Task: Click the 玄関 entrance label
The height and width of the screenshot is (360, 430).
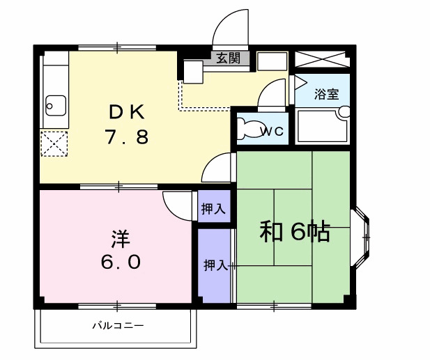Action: (x=228, y=58)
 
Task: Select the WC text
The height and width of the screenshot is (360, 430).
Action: (x=271, y=130)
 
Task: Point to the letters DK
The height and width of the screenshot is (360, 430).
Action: (x=126, y=111)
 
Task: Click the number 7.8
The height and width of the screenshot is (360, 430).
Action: (x=126, y=136)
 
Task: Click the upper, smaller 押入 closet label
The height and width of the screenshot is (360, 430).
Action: (x=213, y=208)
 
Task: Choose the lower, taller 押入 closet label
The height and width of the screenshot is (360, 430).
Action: (x=214, y=265)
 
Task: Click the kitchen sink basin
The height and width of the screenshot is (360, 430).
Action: (x=54, y=106)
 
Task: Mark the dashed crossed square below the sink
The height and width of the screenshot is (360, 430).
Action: (x=54, y=144)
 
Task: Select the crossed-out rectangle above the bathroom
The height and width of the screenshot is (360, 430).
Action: (x=321, y=58)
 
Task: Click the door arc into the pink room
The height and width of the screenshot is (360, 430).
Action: (x=177, y=203)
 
